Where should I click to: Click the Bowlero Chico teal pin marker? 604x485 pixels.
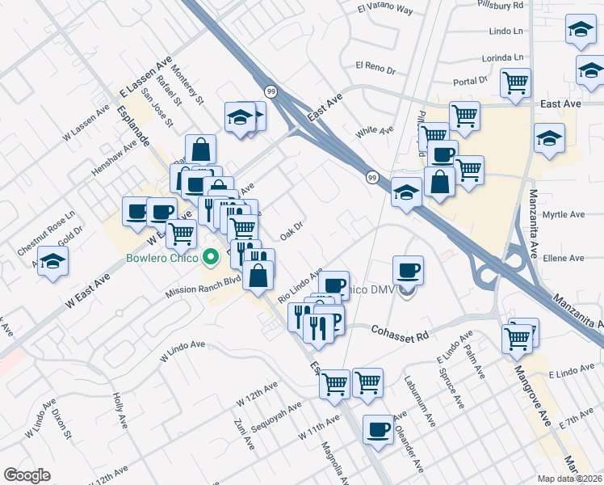pos(212,259)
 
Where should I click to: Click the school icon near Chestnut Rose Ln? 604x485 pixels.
pos(53,261)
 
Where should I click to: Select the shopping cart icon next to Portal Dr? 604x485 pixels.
pos(515,82)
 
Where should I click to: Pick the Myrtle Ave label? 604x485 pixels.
pos(564,215)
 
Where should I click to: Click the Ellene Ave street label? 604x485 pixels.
pos(564,259)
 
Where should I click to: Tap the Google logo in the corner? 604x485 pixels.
pos(27,475)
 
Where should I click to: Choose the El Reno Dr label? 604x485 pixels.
pos(375,67)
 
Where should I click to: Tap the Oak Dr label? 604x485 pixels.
pos(291,231)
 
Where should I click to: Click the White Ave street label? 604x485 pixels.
pos(375,129)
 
